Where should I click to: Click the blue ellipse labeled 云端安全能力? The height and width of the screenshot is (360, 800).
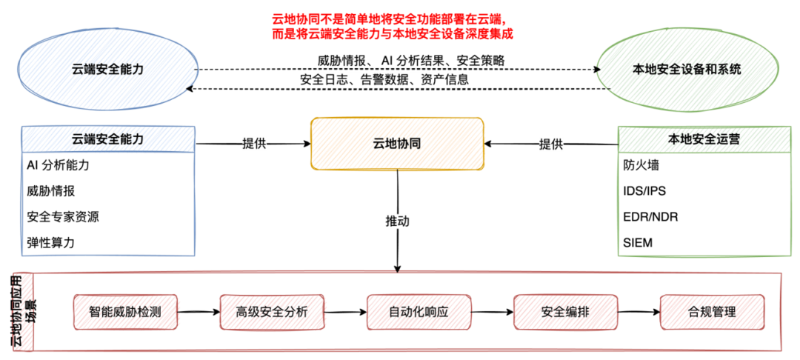coord(108,69)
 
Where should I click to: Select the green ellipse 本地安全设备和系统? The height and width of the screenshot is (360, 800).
coord(687,69)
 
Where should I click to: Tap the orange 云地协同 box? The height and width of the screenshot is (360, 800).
coord(397,144)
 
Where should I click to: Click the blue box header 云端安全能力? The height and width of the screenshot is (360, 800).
coord(108,139)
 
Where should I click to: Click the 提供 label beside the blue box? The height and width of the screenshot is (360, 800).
coord(254,144)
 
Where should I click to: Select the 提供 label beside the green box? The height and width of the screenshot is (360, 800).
coord(551,144)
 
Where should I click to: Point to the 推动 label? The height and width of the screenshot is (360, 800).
coord(397,221)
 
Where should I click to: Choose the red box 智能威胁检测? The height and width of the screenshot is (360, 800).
coord(125,312)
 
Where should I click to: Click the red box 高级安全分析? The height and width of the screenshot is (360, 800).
coord(272,312)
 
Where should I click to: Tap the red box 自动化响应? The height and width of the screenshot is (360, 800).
coord(419,312)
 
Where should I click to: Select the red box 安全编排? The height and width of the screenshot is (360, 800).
coord(565,312)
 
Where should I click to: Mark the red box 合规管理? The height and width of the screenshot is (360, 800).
coord(712,312)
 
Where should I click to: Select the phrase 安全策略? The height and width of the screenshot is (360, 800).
coord(481,61)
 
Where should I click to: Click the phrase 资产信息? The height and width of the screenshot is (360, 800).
coord(445,80)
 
